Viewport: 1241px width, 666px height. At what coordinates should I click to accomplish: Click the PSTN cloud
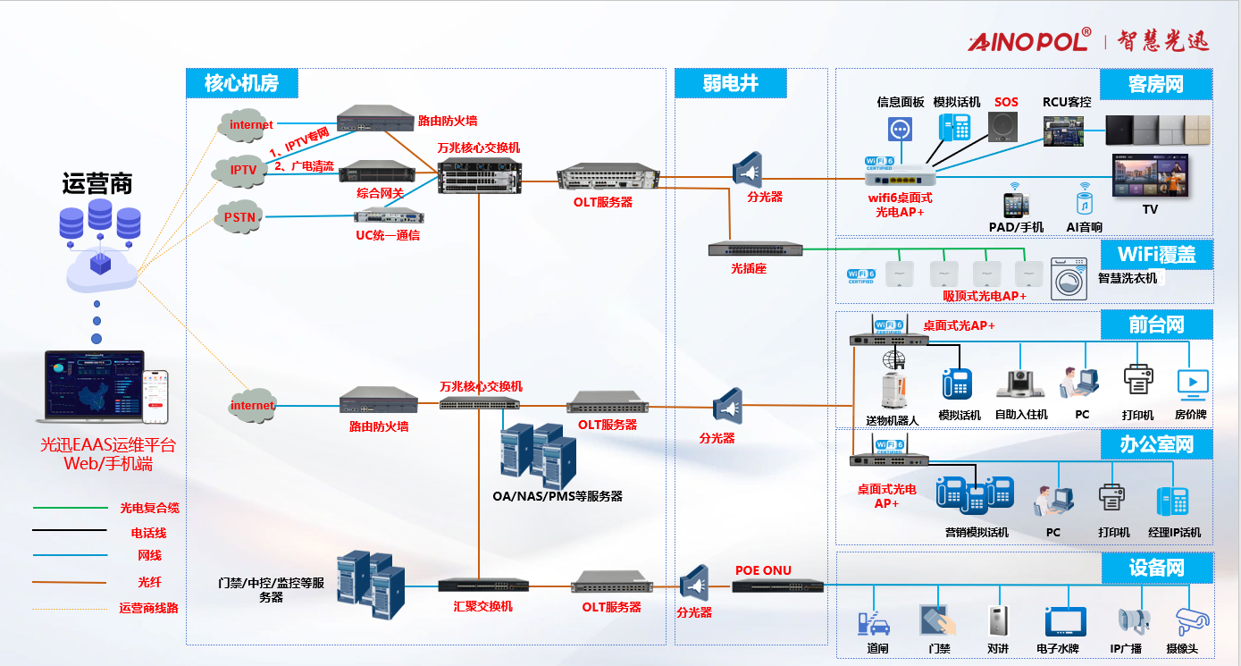pyautogui.click(x=239, y=216)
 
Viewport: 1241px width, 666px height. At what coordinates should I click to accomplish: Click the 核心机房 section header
pyautogui.click(x=241, y=84)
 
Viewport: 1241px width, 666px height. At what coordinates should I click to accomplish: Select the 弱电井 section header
pyautogui.click(x=730, y=84)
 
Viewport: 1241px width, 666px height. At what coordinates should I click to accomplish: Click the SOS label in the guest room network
pyautogui.click(x=1006, y=102)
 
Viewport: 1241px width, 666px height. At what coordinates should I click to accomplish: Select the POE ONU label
pyautogui.click(x=763, y=570)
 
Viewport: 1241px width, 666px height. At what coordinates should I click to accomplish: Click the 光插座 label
pyautogui.click(x=749, y=268)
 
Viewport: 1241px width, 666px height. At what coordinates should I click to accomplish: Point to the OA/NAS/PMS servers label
pyautogui.click(x=558, y=496)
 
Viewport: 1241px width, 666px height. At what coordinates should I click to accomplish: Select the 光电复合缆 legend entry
pyautogui.click(x=149, y=508)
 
